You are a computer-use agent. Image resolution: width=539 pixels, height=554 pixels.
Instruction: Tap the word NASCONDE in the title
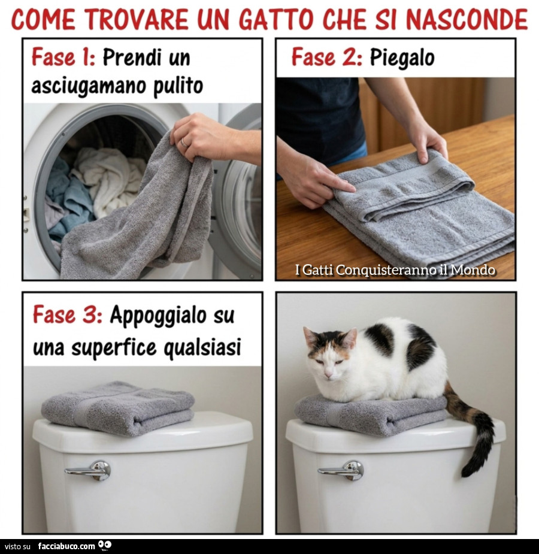(467, 19)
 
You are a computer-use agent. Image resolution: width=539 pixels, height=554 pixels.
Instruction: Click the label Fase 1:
(63, 57)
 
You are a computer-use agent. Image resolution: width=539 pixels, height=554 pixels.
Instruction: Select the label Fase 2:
(326, 57)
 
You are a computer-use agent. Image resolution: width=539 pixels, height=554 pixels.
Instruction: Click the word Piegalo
(402, 57)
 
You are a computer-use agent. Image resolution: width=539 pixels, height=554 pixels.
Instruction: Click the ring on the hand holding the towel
(184, 143)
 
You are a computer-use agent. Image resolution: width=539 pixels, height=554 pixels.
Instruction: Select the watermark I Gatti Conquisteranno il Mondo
(395, 270)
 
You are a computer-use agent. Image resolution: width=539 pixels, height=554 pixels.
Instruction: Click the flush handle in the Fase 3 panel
(90, 470)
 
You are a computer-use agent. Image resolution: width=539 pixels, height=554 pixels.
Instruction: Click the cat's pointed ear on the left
(310, 337)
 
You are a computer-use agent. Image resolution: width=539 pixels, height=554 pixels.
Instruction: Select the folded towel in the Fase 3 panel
(117, 408)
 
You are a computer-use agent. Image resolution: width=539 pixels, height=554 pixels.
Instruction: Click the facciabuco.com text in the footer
(66, 546)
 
